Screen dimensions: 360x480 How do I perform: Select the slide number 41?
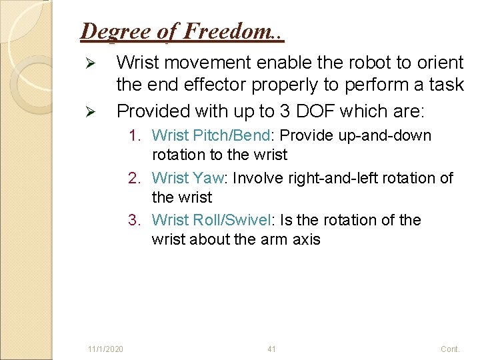[x=271, y=349]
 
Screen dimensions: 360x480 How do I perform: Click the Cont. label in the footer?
[x=450, y=349]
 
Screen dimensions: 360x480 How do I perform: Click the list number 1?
[x=135, y=135]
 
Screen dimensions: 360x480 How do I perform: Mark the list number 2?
[x=135, y=178]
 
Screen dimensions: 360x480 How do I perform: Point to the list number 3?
[x=135, y=220]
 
